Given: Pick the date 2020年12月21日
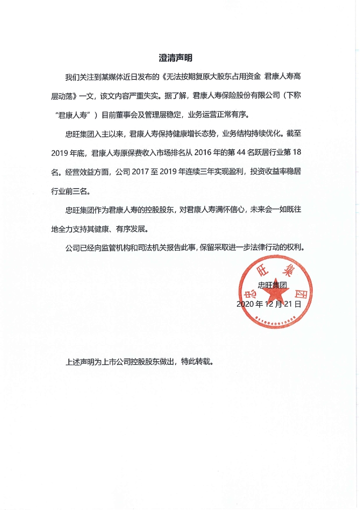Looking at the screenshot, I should [x=269, y=303].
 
